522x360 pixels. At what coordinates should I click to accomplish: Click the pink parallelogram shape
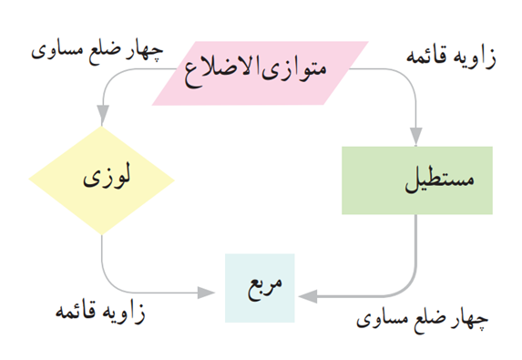pos(260,73)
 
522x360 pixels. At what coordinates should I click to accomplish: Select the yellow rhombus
pos(102,180)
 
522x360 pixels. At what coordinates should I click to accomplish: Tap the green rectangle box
pos(417,180)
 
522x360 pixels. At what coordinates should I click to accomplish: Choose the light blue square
pos(260,288)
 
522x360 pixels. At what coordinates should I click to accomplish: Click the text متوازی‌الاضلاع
pos(256,70)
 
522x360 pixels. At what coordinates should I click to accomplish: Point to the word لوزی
pos(107,177)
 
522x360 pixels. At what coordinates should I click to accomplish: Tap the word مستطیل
pos(439,180)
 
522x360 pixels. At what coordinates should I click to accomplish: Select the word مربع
pos(265,287)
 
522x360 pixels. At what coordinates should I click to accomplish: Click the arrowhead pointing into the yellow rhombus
pos(103,115)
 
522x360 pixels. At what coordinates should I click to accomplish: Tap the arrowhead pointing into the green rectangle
pos(415,136)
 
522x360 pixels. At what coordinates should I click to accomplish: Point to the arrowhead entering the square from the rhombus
pos(206,293)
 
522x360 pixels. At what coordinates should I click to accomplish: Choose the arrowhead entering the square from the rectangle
pos(308,296)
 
